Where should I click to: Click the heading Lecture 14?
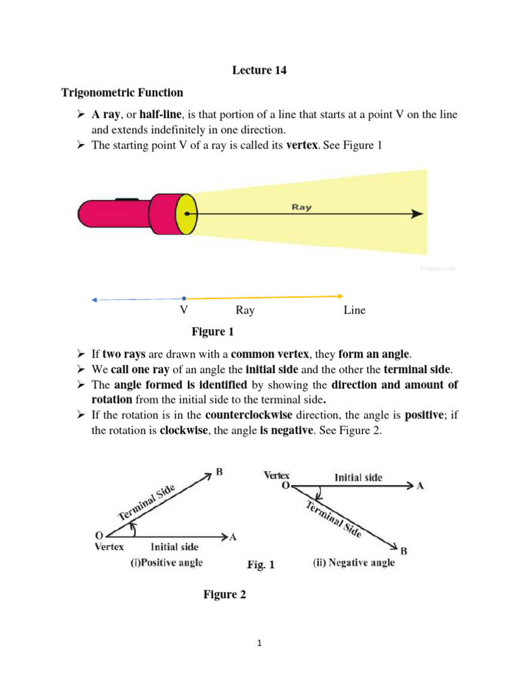[x=259, y=70]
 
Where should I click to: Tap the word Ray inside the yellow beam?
[x=301, y=207]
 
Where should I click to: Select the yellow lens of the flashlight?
[x=186, y=214]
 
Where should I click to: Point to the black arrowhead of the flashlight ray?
[x=418, y=214]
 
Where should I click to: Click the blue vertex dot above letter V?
[x=184, y=298]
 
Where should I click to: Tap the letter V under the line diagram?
[x=183, y=310]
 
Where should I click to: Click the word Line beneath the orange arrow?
[x=354, y=310]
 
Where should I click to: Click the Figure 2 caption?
[x=225, y=595]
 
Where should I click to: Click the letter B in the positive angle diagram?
[x=220, y=473]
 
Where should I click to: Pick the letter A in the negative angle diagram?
[x=420, y=485]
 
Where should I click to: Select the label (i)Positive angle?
[x=166, y=562]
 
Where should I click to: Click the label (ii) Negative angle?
[x=353, y=562]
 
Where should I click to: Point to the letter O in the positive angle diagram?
[x=98, y=535]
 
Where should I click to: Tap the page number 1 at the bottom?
[x=259, y=643]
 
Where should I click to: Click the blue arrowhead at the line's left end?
[x=95, y=299]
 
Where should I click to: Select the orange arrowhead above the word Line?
[x=340, y=295]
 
